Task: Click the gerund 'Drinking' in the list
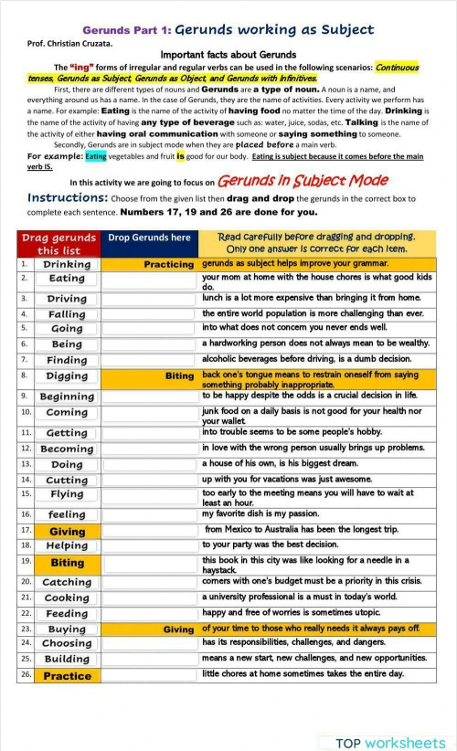[x=67, y=264]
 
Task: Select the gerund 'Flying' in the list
[x=67, y=494]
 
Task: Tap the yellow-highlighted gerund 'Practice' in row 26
[x=67, y=676]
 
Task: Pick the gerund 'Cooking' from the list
[x=67, y=598]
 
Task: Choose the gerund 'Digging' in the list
[x=67, y=375]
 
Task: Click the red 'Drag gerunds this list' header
[x=58, y=244]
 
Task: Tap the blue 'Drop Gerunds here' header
[x=149, y=238]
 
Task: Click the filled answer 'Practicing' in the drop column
[x=169, y=264]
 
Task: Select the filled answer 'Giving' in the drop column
[x=178, y=629]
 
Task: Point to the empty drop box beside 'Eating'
[x=149, y=279]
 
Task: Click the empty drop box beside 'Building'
[x=149, y=659]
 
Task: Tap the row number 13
[x=26, y=464]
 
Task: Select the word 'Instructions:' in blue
[x=69, y=197]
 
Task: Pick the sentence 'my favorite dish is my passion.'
[x=260, y=513]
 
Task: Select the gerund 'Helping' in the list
[x=67, y=545]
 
